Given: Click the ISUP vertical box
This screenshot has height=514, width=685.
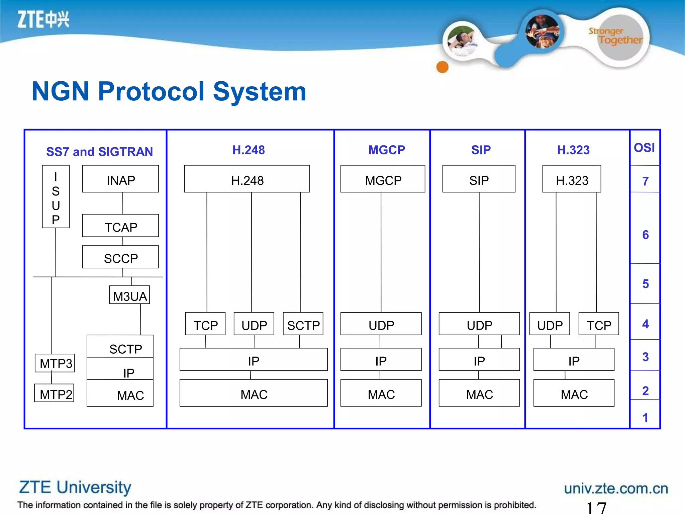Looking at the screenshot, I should pyautogui.click(x=56, y=197).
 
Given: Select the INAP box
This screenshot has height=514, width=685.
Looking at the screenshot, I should pyautogui.click(x=120, y=179).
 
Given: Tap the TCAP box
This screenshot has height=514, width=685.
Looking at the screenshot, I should pyautogui.click(x=120, y=226).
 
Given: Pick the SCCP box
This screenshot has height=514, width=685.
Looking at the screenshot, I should pyautogui.click(x=120, y=257).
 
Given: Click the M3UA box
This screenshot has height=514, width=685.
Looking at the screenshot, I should pyautogui.click(x=129, y=295).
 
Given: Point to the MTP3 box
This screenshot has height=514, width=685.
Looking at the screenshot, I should pyautogui.click(x=55, y=363).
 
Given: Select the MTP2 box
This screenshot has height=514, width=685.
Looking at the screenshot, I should pyautogui.click(x=55, y=393).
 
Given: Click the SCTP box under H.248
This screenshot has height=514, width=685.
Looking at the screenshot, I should pyautogui.click(x=303, y=324).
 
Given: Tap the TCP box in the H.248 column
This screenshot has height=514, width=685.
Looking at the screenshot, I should pyautogui.click(x=205, y=324).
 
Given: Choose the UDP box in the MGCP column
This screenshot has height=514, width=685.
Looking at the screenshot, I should pyautogui.click(x=381, y=324).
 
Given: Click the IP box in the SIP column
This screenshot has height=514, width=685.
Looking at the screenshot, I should pyautogui.click(x=479, y=360).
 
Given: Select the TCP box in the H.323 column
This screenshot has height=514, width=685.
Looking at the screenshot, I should pyautogui.click(x=599, y=324).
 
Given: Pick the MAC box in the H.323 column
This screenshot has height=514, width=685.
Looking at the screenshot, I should pyautogui.click(x=574, y=393).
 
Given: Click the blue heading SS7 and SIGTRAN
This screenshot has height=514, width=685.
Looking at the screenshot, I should pyautogui.click(x=99, y=152).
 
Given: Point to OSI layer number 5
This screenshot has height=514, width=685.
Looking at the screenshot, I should pyautogui.click(x=646, y=284).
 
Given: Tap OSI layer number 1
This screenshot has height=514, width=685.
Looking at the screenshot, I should pyautogui.click(x=646, y=417).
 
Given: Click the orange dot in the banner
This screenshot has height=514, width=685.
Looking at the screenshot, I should pyautogui.click(x=443, y=67).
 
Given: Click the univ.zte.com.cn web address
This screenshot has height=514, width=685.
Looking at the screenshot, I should pyautogui.click(x=616, y=489).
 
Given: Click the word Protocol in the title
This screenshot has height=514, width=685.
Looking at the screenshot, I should pyautogui.click(x=151, y=92).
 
